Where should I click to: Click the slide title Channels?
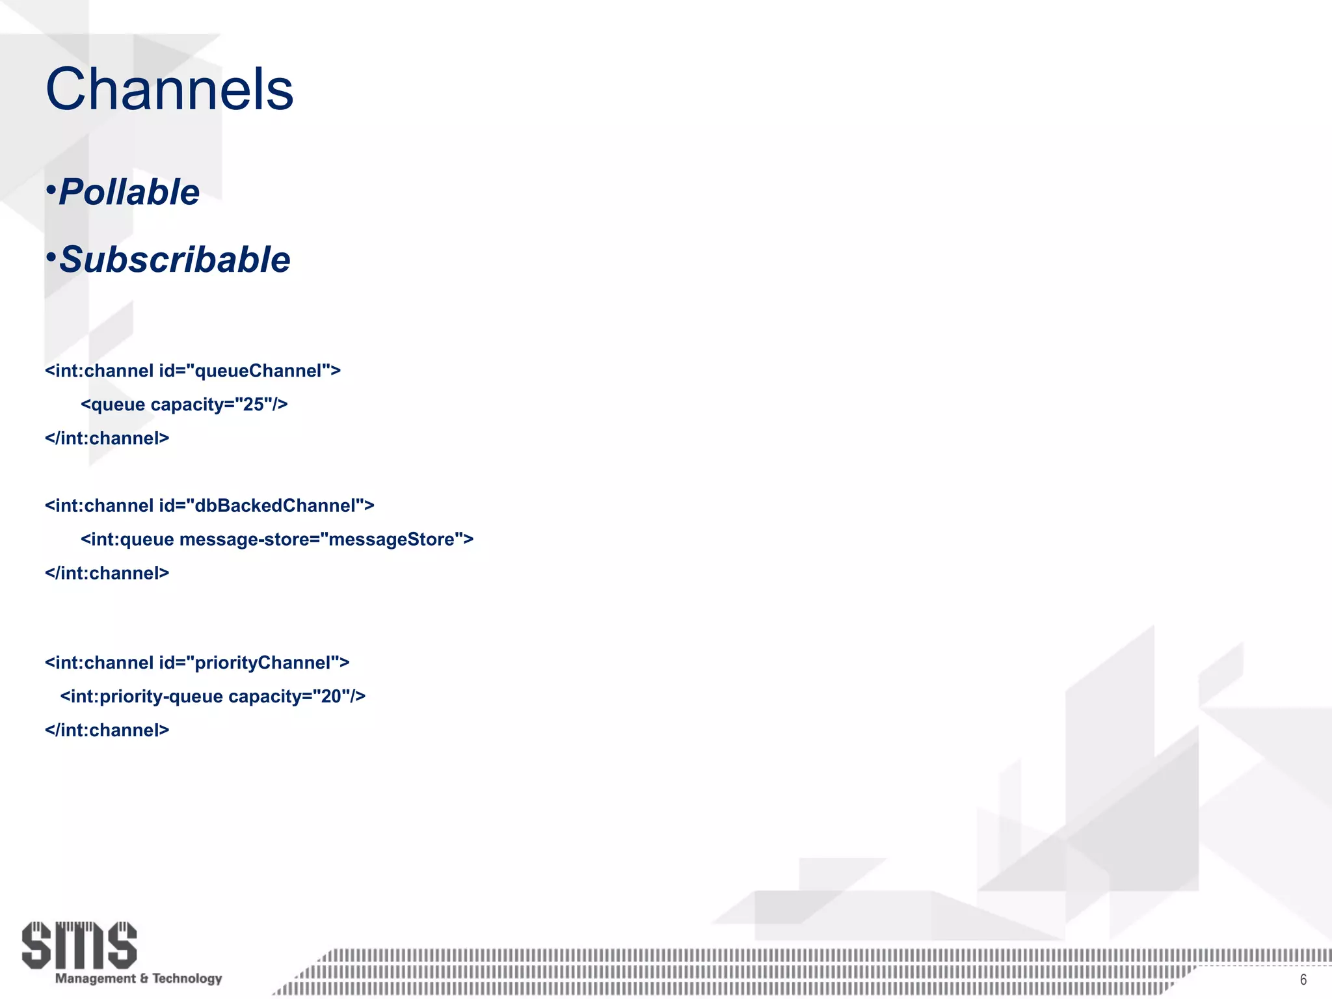click(169, 89)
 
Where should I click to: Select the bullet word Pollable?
click(129, 192)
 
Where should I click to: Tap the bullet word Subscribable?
click(174, 260)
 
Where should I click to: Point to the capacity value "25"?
click(253, 405)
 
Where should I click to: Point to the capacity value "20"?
click(331, 697)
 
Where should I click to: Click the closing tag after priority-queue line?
click(107, 730)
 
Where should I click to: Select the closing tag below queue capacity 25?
click(107, 438)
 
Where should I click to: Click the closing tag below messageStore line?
click(107, 573)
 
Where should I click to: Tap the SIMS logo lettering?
click(79, 944)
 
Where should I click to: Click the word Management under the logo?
click(96, 978)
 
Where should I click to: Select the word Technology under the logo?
click(187, 978)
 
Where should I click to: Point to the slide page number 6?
click(1303, 979)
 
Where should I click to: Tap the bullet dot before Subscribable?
click(51, 258)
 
